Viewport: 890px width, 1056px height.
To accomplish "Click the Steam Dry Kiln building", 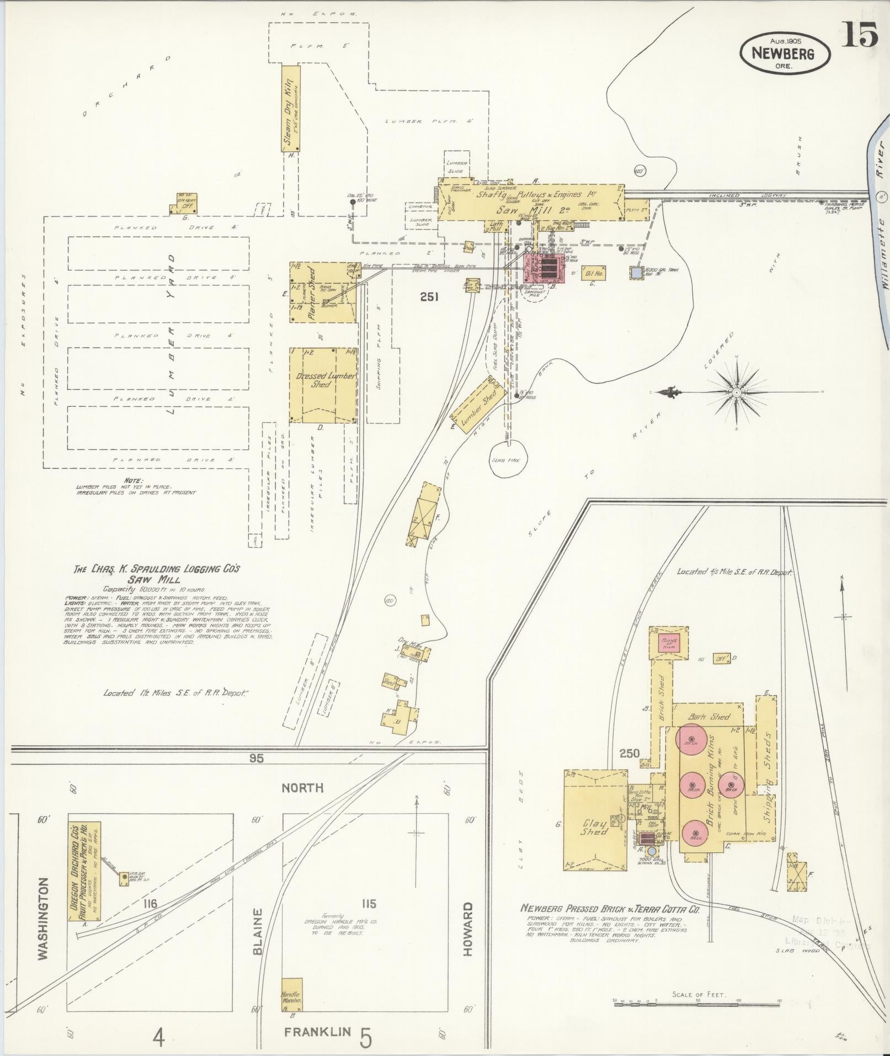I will (x=291, y=109).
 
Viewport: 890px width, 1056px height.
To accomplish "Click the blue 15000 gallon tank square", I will (x=637, y=272).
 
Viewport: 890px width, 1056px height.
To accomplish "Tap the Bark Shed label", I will (x=708, y=717).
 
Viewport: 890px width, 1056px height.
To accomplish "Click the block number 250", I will (x=629, y=753).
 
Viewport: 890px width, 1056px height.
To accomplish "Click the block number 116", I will (x=149, y=904).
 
